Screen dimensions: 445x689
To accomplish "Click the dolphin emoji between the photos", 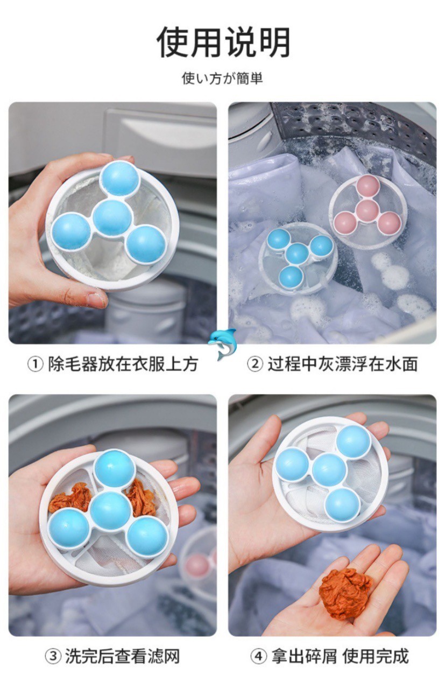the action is click(222, 344).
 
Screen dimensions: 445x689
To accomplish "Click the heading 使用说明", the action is click(224, 42).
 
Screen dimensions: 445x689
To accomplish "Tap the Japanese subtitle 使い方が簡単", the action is click(222, 79).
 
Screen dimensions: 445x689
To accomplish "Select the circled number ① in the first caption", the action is click(36, 364).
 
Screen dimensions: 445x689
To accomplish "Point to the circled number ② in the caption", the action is click(255, 364).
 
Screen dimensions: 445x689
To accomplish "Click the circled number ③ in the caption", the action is click(53, 656).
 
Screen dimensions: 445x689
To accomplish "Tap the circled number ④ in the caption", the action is click(258, 656).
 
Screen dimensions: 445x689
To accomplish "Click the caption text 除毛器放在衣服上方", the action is click(123, 364).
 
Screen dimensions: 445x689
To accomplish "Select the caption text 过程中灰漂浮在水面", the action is click(343, 364).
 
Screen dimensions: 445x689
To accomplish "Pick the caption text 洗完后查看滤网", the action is click(122, 656).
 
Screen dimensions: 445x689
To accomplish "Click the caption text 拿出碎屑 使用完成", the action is click(340, 656).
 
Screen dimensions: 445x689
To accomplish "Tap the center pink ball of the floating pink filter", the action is click(367, 210).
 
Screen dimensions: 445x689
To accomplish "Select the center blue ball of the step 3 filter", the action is click(111, 511).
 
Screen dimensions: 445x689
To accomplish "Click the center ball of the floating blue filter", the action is click(297, 254).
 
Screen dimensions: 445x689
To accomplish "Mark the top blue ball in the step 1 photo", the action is click(119, 179).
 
